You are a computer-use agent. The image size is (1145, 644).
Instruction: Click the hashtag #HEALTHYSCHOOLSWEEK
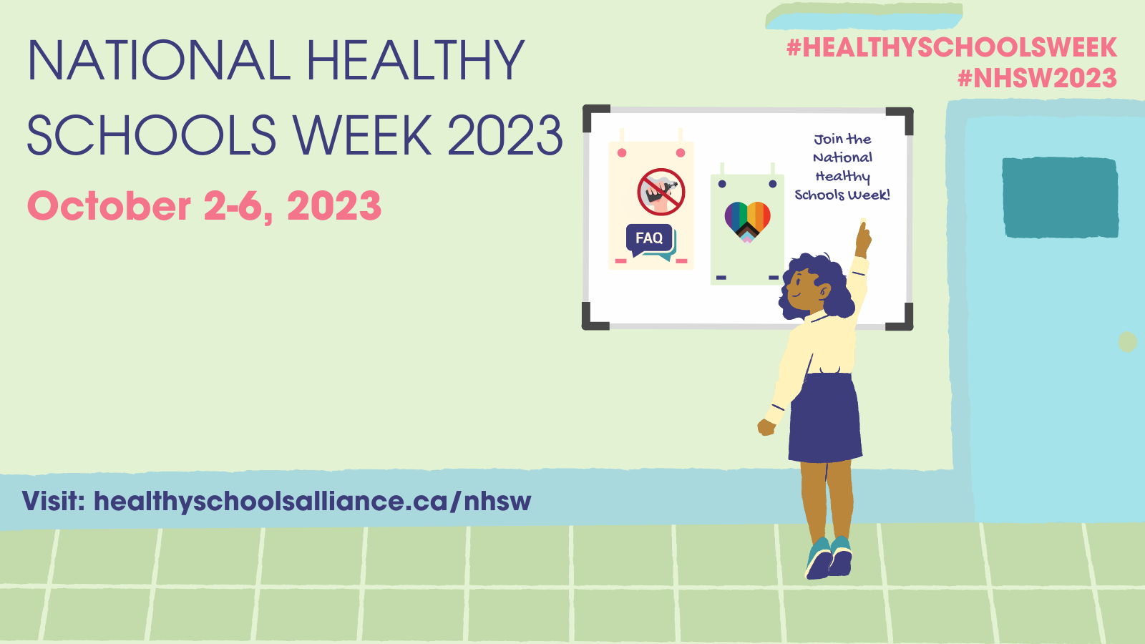[951, 48]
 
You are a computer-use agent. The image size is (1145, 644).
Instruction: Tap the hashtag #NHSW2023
[1037, 78]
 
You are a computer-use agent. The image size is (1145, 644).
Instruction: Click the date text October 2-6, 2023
[204, 206]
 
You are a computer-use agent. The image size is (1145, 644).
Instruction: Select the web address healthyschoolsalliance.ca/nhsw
[312, 501]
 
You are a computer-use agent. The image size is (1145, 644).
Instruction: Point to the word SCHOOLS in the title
[151, 135]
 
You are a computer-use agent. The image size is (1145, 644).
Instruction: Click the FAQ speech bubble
[650, 240]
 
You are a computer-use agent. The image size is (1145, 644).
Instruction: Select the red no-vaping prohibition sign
[661, 192]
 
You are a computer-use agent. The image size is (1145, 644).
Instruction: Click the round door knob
[1127, 342]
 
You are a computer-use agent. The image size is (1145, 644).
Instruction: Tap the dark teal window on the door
[1060, 197]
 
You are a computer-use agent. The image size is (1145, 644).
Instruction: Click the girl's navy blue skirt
[826, 419]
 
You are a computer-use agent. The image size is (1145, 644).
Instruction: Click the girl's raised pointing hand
[863, 238]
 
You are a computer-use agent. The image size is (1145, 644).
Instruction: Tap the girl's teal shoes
[830, 558]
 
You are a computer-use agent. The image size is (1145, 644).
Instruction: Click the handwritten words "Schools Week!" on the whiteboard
[842, 195]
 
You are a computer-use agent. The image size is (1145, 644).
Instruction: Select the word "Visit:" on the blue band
[54, 501]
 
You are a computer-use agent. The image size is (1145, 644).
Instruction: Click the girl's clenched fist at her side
[766, 427]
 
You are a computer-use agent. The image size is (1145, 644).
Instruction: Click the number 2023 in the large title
[505, 135]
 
